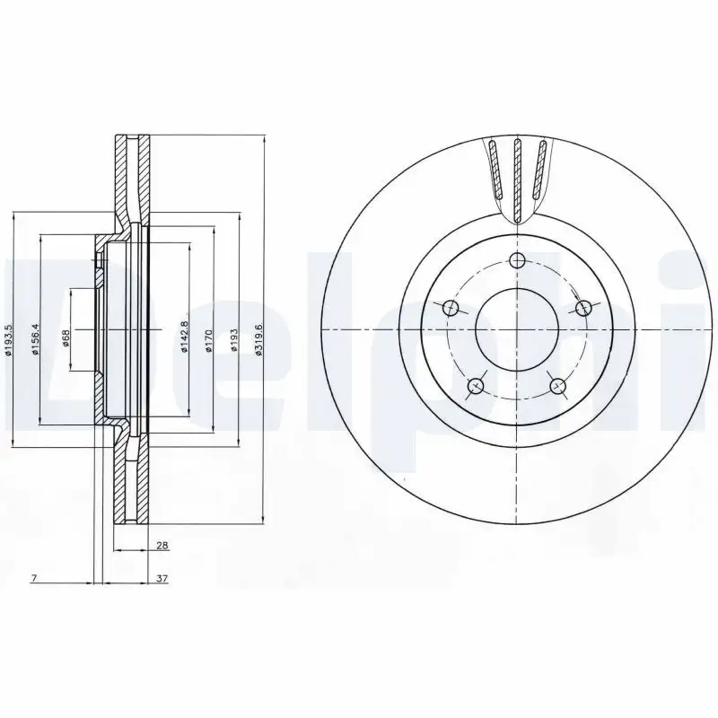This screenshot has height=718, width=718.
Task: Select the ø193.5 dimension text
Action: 8,340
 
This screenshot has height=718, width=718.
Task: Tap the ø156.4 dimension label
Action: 35,338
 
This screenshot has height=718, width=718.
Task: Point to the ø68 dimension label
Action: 65,337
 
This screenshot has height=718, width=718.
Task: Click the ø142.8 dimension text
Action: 183,337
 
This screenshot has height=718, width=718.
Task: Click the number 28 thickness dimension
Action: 162,545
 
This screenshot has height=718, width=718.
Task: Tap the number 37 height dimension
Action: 162,579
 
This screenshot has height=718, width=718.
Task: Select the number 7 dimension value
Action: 32,579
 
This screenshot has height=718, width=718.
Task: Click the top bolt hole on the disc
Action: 516,260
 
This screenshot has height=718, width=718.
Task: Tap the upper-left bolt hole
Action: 451,309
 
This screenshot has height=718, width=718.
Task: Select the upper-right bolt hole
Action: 583,309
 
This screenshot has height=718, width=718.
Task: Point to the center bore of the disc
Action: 516,330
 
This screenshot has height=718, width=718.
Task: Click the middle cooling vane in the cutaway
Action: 517,175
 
